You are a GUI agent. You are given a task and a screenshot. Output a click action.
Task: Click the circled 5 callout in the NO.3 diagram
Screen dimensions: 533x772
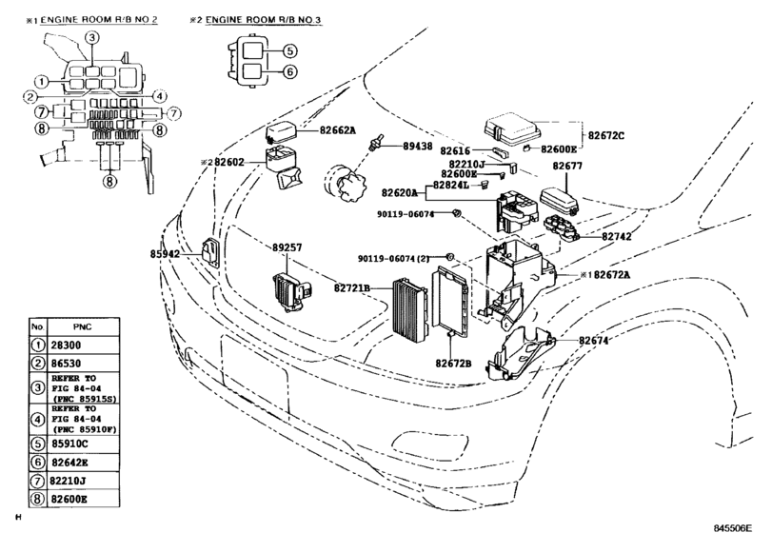coord(291,51)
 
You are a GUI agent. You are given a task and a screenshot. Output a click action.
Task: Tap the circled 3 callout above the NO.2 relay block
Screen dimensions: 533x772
coord(91,37)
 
